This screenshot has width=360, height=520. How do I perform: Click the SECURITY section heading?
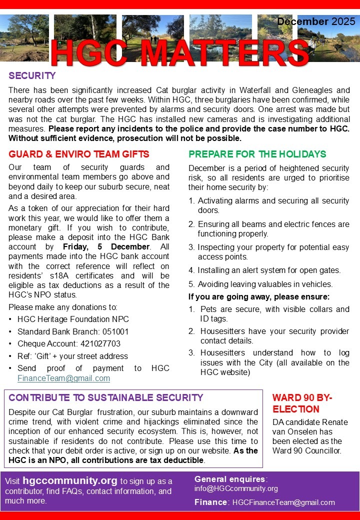click(32, 76)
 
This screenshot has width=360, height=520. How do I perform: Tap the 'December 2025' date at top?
click(316, 21)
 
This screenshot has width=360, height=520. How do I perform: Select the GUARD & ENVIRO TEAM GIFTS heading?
click(79, 154)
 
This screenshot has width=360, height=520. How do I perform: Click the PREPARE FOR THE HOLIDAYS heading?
click(257, 154)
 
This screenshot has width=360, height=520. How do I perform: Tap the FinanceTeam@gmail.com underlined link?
click(63, 378)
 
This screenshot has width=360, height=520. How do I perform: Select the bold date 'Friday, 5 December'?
click(106, 247)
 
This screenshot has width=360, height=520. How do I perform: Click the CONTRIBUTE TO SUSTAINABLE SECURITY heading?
click(106, 398)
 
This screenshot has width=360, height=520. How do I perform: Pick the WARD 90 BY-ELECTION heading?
click(302, 403)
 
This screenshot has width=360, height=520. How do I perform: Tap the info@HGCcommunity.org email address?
click(236, 488)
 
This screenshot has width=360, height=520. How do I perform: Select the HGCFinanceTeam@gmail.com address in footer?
click(283, 502)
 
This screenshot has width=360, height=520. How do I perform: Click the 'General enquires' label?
click(230, 478)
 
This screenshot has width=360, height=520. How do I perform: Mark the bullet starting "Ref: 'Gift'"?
click(72, 356)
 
